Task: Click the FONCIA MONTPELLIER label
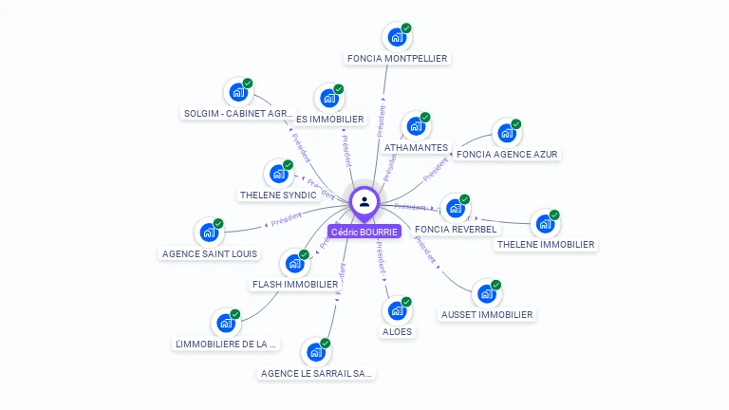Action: tap(397, 58)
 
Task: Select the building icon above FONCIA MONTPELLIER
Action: tap(396, 38)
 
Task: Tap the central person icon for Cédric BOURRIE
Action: tap(364, 201)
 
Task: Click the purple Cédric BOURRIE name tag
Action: tap(364, 232)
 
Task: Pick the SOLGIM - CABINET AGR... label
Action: tap(238, 114)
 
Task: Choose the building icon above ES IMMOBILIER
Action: tap(328, 98)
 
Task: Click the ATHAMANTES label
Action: tap(416, 148)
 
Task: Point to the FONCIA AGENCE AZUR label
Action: tap(507, 154)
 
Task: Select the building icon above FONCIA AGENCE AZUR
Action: tap(507, 134)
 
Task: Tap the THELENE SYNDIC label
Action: tap(278, 195)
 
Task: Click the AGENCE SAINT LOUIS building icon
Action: tap(209, 233)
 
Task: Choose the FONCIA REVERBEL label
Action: tap(456, 229)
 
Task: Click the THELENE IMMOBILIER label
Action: tap(546, 244)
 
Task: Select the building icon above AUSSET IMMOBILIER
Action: tap(486, 294)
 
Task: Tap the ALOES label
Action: tap(397, 331)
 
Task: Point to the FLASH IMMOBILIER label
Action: tap(295, 284)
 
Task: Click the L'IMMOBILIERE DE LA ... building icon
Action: tap(226, 324)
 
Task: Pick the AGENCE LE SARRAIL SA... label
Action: tap(317, 373)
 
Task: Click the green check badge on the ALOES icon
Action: tap(406, 302)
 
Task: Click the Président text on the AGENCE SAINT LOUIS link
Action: tap(286, 220)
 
